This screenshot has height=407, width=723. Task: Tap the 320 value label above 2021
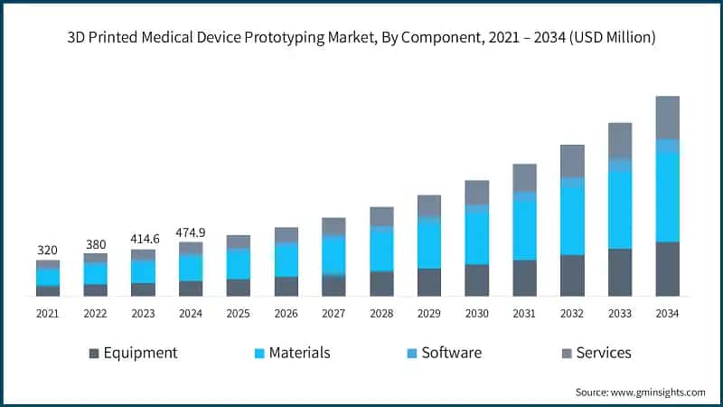tap(47, 250)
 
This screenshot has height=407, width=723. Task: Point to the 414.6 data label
tap(143, 239)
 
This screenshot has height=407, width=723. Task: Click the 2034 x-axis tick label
tap(667, 313)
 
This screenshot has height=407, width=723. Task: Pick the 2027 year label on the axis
tap(333, 313)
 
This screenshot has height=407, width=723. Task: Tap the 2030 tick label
tap(476, 313)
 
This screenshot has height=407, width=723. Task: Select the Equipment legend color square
tap(93, 353)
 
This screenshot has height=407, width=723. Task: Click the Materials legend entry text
tap(299, 353)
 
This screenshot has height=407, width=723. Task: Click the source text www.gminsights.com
tap(640, 392)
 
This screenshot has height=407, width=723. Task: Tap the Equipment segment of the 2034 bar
tap(667, 269)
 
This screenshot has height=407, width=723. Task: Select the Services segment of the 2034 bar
tap(667, 118)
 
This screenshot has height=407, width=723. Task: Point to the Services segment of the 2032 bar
tap(572, 160)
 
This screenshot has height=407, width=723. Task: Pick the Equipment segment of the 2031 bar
tap(524, 278)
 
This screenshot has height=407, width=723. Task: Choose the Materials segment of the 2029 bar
tap(429, 245)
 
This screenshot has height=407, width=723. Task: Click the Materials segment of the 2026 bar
tap(286, 260)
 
